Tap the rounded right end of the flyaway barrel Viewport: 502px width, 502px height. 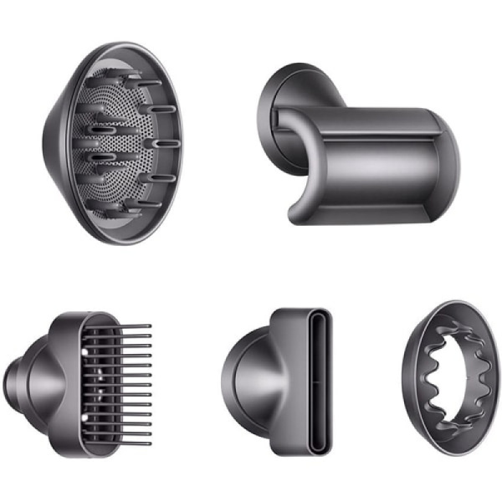click(448, 163)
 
